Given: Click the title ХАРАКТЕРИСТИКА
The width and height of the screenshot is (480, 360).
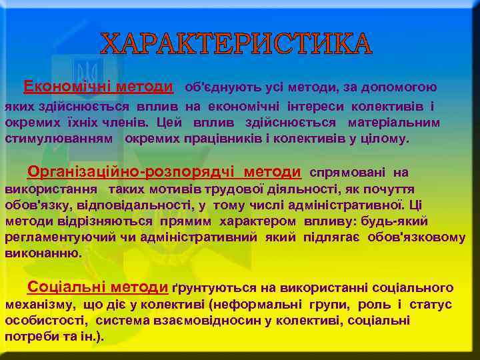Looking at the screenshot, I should pos(237,44).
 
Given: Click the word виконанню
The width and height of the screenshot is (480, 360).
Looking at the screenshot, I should pos(43,254).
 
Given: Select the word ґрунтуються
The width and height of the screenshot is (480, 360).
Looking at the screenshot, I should pos(213,288).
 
